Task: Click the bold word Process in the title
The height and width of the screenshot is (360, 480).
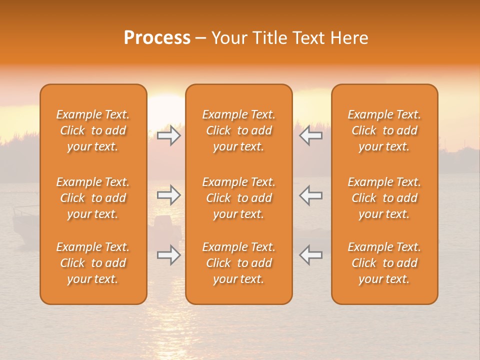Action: tap(157, 38)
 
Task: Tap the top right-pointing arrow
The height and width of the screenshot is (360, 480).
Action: tap(169, 135)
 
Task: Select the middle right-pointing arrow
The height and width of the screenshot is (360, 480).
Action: tap(169, 195)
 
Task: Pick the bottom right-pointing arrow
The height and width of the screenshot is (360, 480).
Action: tap(169, 255)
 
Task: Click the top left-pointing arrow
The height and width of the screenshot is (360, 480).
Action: tap(310, 135)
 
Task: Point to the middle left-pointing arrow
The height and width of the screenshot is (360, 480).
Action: tap(310, 195)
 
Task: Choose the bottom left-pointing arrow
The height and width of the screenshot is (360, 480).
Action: tap(310, 255)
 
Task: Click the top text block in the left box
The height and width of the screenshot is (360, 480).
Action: tap(93, 130)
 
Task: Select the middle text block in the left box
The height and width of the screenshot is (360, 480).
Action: tap(93, 198)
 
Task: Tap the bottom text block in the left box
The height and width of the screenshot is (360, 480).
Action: tap(93, 263)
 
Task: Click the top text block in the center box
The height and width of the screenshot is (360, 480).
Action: tap(238, 130)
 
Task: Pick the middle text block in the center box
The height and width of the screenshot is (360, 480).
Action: tap(238, 198)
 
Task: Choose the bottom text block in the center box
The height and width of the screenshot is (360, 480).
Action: tap(238, 263)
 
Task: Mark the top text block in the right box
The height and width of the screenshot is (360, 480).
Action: tap(384, 130)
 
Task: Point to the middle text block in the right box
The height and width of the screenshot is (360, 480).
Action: tap(384, 198)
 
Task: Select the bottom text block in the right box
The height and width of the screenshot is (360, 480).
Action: tap(384, 263)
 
